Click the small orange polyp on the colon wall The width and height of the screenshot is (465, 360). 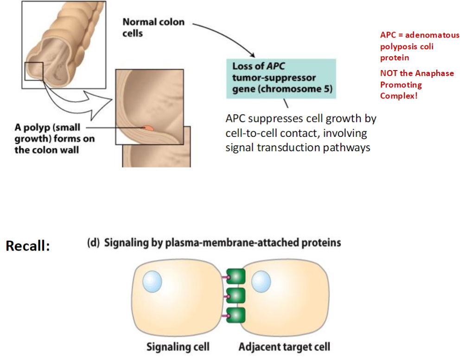tap(147, 127)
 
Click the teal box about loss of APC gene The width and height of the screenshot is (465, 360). tap(281, 78)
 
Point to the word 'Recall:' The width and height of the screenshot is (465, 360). tap(27, 246)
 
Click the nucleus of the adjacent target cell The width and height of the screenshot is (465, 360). tap(261, 280)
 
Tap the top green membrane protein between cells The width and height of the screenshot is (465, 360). tap(236, 277)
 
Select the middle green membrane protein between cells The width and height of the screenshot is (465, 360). tap(236, 296)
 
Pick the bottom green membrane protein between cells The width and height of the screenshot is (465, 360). tap(236, 315)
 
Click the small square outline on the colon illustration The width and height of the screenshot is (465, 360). tap(33, 71)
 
